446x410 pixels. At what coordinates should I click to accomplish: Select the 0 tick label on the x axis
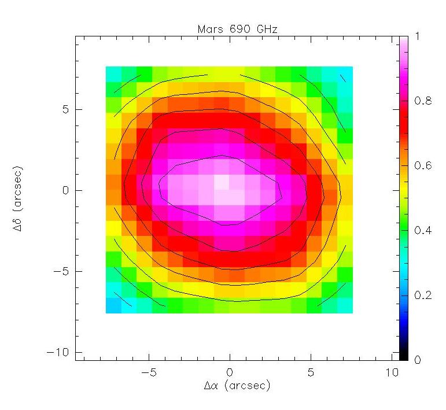230,372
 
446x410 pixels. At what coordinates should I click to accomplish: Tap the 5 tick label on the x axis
311,372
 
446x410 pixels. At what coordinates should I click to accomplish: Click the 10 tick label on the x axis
392,372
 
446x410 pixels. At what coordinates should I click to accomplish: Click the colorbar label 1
418,36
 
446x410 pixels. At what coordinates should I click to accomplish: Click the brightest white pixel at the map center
222,182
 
